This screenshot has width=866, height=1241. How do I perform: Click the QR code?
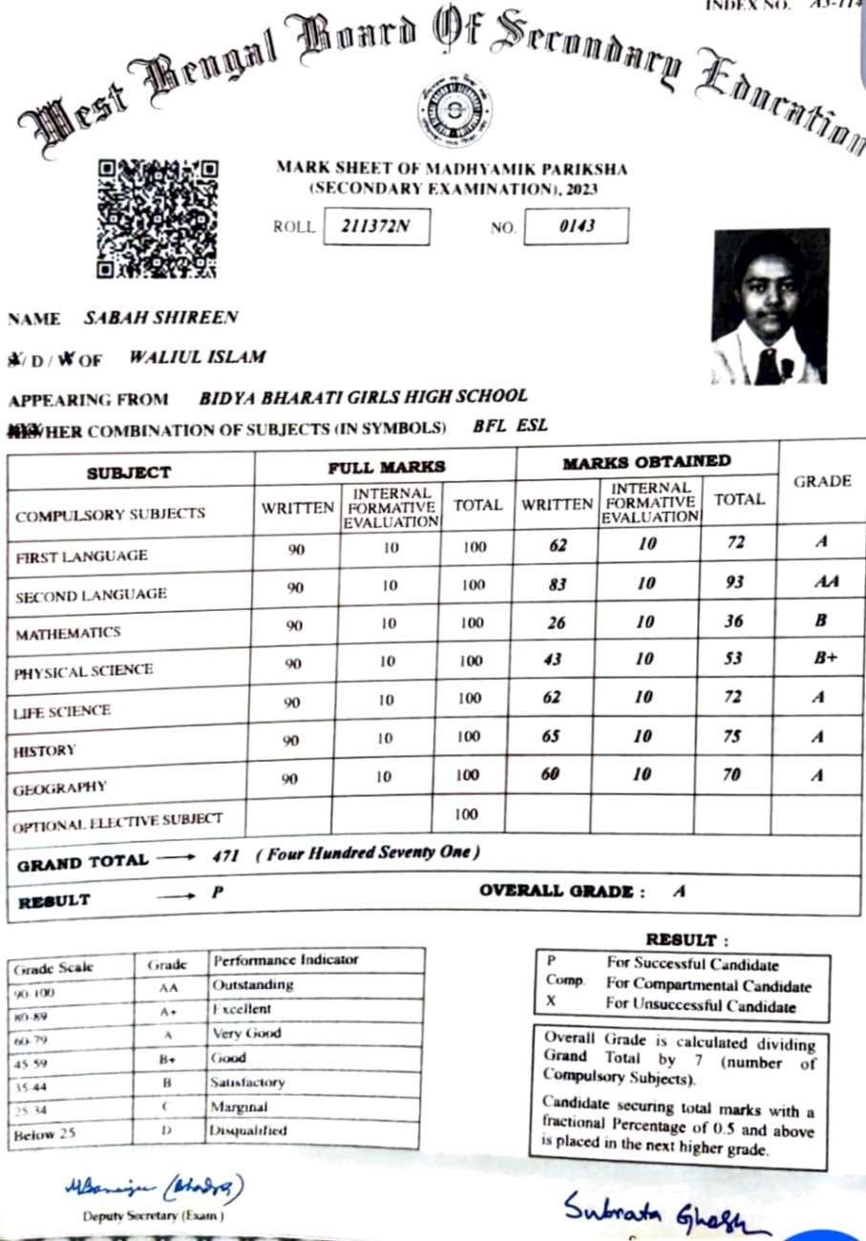click(x=158, y=219)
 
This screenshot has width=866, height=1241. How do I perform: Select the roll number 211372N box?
click(x=376, y=228)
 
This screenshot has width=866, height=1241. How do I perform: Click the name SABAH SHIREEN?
click(x=160, y=318)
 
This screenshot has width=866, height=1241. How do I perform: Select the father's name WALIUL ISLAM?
click(x=197, y=358)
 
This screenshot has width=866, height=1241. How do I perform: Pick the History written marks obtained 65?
click(x=551, y=736)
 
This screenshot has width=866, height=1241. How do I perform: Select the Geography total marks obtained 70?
click(x=731, y=775)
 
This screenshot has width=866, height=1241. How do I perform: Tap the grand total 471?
click(x=226, y=855)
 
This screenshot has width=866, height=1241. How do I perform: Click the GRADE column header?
click(x=822, y=481)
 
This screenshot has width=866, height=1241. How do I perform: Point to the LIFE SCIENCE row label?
click(x=62, y=711)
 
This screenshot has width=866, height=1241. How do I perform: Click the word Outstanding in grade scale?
click(x=252, y=984)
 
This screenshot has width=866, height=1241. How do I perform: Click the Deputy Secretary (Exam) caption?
click(x=153, y=1217)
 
